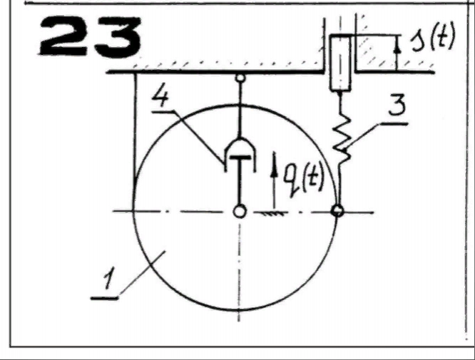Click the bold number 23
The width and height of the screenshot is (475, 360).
tap(90, 36)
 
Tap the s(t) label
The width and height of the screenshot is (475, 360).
tap(433, 38)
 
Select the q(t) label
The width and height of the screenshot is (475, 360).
tap(303, 181)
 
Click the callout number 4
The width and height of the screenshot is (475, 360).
tap(160, 97)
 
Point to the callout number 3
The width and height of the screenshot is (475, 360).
tap(397, 105)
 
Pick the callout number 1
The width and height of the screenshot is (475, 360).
tap(108, 279)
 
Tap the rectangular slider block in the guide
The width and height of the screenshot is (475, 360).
tap(340, 63)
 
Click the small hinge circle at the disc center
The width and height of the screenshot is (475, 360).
tap(240, 211)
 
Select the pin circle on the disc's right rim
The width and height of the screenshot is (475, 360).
tap(337, 210)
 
